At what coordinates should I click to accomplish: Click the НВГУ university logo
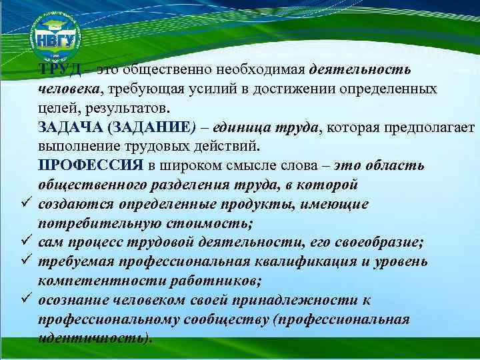click(x=55, y=36)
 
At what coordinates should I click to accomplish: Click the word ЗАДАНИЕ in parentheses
click(x=151, y=127)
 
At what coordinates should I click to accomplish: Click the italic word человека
click(x=69, y=89)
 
